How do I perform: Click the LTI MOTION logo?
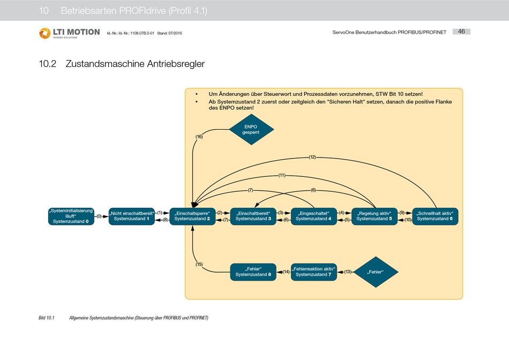point(69,33)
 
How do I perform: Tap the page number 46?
point(461,32)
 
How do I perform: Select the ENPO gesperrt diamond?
point(251,129)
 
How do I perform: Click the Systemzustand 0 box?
point(71,216)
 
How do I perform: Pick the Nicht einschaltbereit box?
point(131,216)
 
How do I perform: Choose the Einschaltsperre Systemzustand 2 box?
point(192,216)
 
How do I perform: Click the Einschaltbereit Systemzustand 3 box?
point(253,216)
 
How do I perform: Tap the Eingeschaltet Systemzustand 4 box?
point(313,216)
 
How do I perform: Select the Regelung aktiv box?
point(374,216)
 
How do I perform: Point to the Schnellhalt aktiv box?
point(435,216)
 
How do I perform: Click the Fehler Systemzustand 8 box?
point(253,272)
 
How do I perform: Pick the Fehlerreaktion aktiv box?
point(313,272)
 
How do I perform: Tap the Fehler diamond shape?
point(375,272)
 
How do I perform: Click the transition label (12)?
point(312,157)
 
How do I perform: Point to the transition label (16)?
point(199,137)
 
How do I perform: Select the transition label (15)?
point(199,264)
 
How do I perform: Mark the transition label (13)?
point(347,272)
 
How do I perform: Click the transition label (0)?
point(99,216)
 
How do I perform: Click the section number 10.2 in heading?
point(48,64)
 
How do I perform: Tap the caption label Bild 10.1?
point(47,318)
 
